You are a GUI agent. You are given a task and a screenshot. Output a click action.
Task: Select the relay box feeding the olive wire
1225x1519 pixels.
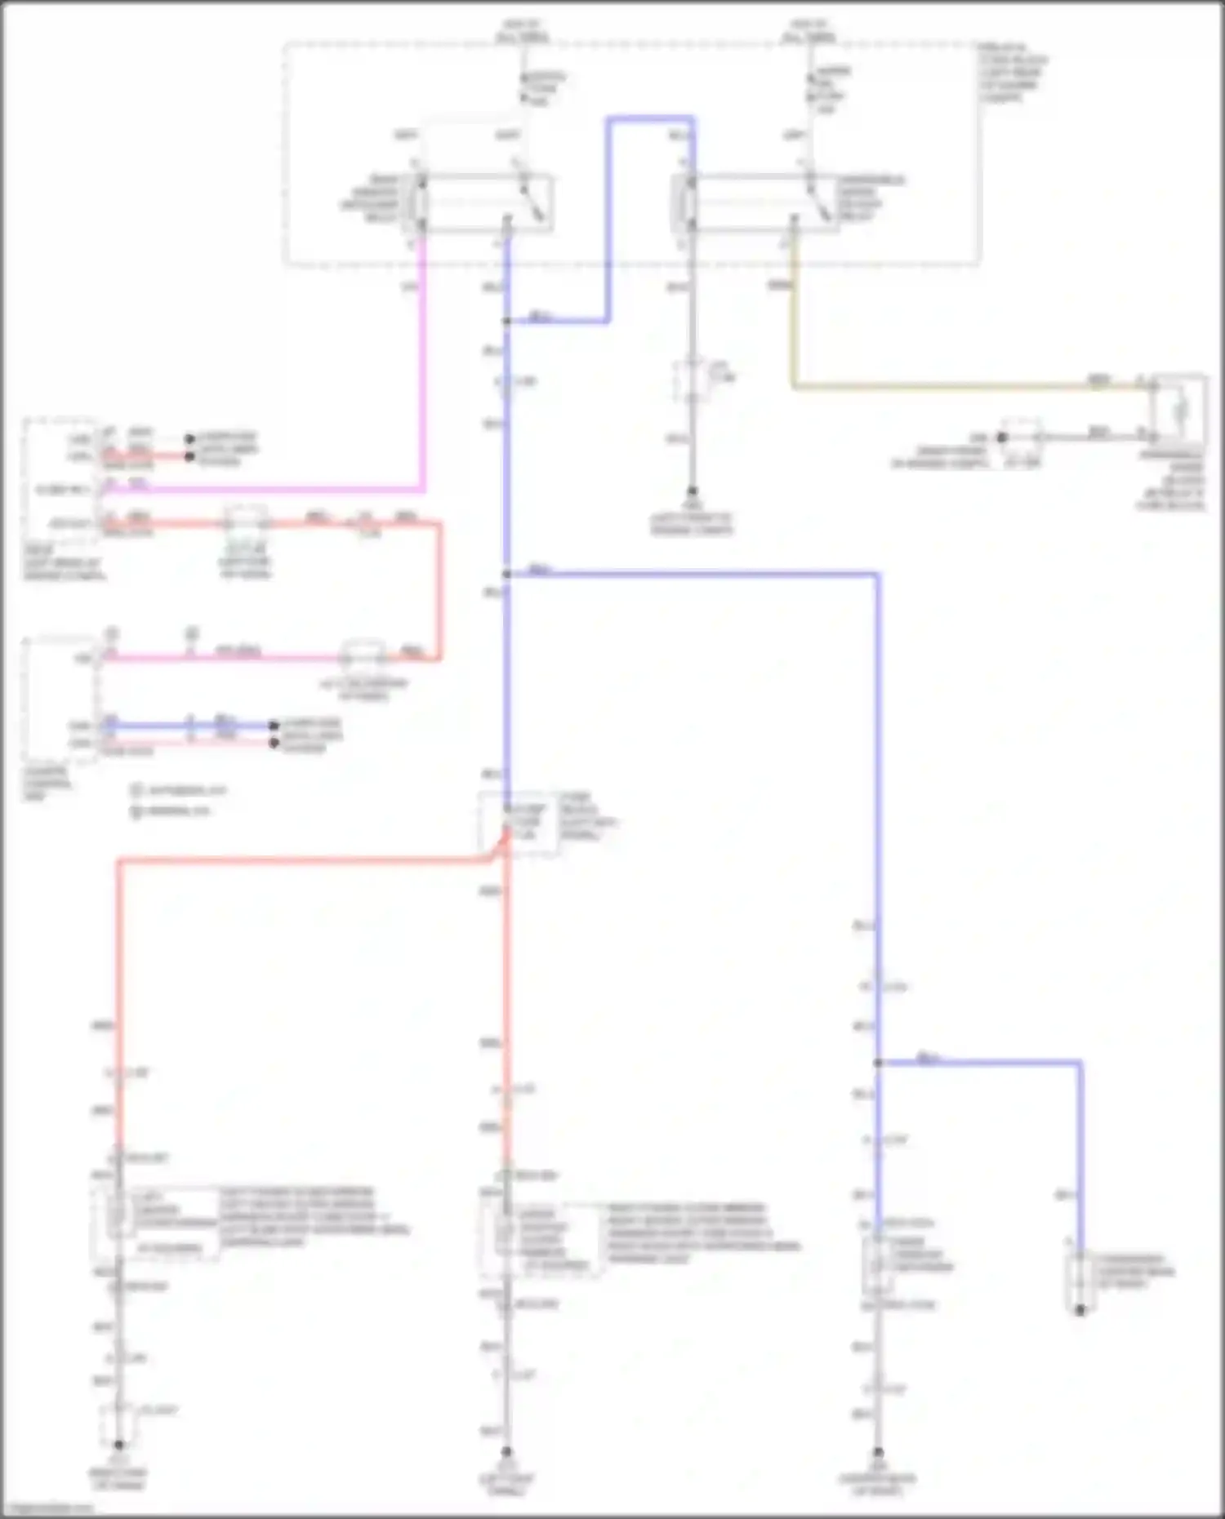pyautogui.click(x=755, y=202)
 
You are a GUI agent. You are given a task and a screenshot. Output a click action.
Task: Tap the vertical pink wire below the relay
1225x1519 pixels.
pyautogui.click(x=422, y=367)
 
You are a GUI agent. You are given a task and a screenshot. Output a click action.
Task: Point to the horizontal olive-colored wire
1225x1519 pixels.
pyautogui.click(x=964, y=386)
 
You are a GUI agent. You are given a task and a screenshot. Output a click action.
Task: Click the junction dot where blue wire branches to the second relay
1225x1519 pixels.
pyautogui.click(x=507, y=321)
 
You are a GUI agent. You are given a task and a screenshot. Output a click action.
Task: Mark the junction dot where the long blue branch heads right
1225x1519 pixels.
pyautogui.click(x=507, y=574)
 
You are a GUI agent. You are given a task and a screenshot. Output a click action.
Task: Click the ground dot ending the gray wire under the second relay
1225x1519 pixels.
pyautogui.click(x=692, y=491)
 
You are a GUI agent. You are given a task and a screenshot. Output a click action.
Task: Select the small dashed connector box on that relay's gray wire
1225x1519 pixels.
pyautogui.click(x=691, y=380)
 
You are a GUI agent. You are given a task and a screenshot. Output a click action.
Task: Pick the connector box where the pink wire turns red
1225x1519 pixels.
pyautogui.click(x=363, y=655)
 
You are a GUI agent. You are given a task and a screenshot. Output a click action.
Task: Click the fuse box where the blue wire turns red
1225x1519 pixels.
pyautogui.click(x=518, y=823)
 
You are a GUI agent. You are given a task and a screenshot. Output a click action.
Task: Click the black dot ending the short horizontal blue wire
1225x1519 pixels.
pyautogui.click(x=274, y=725)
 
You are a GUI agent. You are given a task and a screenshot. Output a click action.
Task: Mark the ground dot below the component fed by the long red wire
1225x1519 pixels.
pyautogui.click(x=118, y=1444)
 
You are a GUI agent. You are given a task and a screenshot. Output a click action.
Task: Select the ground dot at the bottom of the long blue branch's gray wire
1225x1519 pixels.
pyautogui.click(x=878, y=1452)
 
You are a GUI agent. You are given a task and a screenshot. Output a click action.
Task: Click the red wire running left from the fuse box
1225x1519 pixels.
pyautogui.click(x=302, y=859)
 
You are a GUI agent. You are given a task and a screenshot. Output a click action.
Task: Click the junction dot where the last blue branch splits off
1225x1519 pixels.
pyautogui.click(x=878, y=1063)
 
